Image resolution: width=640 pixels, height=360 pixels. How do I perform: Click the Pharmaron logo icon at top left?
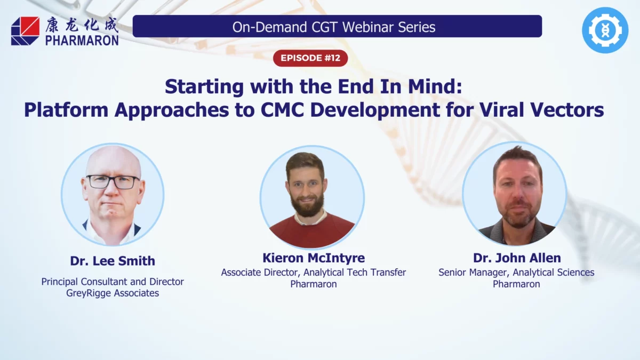25,30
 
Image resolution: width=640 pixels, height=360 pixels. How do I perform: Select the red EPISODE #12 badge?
310,58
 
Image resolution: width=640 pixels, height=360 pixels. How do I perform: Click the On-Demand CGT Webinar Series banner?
337,26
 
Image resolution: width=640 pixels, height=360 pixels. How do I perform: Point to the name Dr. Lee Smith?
113,261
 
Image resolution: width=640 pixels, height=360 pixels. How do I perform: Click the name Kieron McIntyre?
314,258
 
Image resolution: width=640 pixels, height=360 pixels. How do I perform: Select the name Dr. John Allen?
517,258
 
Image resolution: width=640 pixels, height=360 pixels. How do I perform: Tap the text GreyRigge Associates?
113,293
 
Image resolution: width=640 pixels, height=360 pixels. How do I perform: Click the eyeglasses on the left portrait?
113,181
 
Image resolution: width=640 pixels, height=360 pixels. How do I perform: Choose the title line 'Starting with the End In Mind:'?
313,87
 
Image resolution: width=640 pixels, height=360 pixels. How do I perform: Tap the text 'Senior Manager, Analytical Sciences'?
516,273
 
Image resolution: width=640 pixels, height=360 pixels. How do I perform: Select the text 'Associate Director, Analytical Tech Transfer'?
314,273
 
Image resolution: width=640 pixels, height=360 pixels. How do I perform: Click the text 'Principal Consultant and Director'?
113,281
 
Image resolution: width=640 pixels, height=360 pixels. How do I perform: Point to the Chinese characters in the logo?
81,24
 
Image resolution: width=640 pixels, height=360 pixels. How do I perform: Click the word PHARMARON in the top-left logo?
82,40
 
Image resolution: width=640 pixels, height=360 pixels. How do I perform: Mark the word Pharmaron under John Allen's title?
516,284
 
